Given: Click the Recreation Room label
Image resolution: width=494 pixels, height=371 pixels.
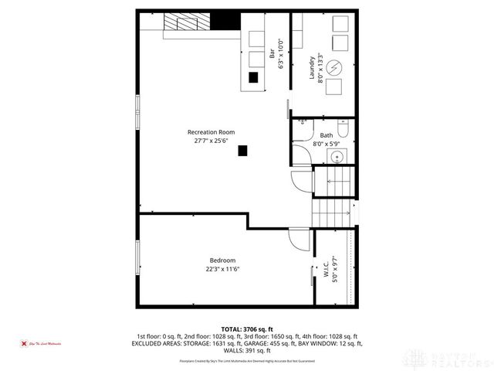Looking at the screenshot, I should (x=210, y=131).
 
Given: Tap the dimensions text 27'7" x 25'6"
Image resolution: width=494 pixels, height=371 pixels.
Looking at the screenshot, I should (x=210, y=141).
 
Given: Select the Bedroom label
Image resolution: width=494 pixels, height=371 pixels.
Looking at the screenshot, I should (x=222, y=260).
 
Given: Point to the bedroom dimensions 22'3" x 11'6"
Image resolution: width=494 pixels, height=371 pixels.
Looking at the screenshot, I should (x=222, y=270).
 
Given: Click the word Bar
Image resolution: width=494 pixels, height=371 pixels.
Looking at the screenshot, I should (x=272, y=55).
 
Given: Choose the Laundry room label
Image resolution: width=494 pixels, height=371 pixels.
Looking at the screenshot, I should (x=313, y=67).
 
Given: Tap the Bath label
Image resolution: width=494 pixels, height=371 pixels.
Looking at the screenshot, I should (x=327, y=135).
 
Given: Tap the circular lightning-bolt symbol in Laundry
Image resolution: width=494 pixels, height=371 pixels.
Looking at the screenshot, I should (x=335, y=66).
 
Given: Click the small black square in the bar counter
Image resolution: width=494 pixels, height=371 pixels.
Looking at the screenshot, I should (x=252, y=77).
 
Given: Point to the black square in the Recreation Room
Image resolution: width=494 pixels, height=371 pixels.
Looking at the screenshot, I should (x=242, y=151).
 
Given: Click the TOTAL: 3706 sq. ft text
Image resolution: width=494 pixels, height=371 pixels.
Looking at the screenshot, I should (x=247, y=329).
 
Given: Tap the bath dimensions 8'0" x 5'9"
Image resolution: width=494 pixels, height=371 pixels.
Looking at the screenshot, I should (x=327, y=144).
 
